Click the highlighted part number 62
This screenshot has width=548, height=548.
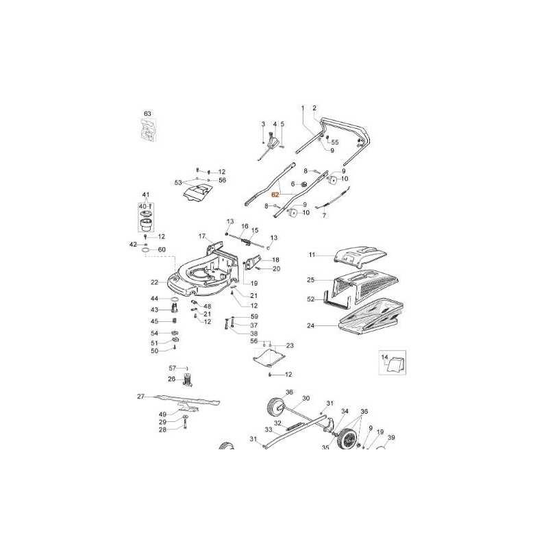(x=275, y=194)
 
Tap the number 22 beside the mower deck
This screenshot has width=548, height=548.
(x=155, y=282)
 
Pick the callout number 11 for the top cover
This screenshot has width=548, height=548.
(x=311, y=255)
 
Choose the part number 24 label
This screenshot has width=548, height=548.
(x=311, y=326)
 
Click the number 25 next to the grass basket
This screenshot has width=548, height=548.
(x=311, y=280)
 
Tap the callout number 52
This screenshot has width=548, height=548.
(x=311, y=299)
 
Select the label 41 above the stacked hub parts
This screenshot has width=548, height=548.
(x=145, y=195)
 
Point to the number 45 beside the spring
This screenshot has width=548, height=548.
(x=155, y=321)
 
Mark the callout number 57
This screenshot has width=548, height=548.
(x=173, y=369)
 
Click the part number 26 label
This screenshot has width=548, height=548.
(x=172, y=379)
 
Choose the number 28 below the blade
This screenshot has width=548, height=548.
(x=162, y=430)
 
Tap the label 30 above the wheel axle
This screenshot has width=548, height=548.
(x=306, y=398)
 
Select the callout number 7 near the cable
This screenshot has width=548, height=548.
(x=325, y=215)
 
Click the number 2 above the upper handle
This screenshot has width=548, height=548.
(x=314, y=108)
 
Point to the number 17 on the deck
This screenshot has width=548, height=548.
(x=203, y=236)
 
